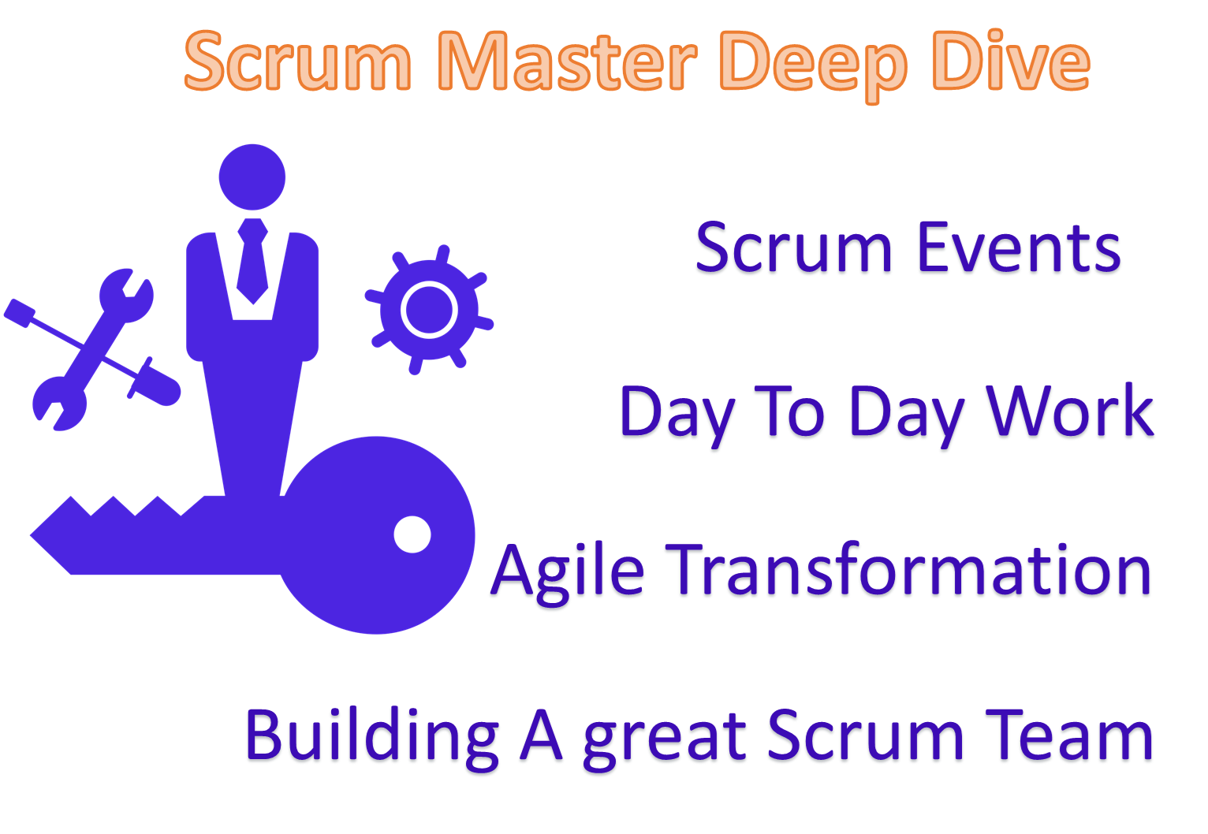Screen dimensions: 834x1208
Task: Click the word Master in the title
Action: pyautogui.click(x=567, y=61)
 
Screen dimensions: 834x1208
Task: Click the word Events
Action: pyautogui.click(x=1018, y=248)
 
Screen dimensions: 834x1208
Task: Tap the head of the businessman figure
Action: pyautogui.click(x=252, y=177)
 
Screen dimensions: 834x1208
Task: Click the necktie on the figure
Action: pyautogui.click(x=252, y=260)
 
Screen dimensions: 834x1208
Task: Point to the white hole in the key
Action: pyautogui.click(x=412, y=534)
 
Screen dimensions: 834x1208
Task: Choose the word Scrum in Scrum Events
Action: pyautogui.click(x=793, y=248)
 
